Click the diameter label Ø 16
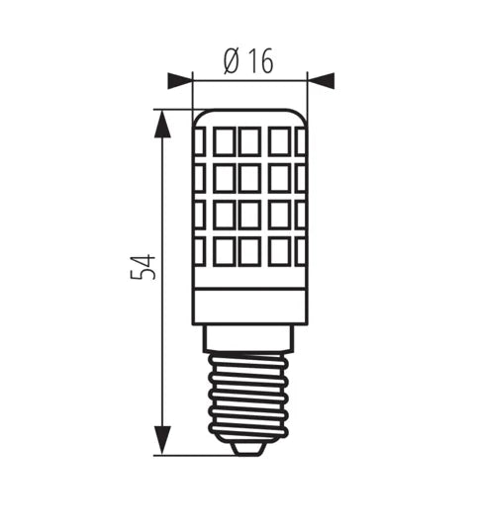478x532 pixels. coord(248,61)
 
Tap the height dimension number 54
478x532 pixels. coord(143,267)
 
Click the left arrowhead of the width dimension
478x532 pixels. coord(180,81)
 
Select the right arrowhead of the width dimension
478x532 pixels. coord(321,81)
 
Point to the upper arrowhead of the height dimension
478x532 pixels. coord(162,124)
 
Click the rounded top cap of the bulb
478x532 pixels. coord(249,117)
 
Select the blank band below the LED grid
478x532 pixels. coord(249,307)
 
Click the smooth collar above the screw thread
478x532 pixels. coord(247,338)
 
